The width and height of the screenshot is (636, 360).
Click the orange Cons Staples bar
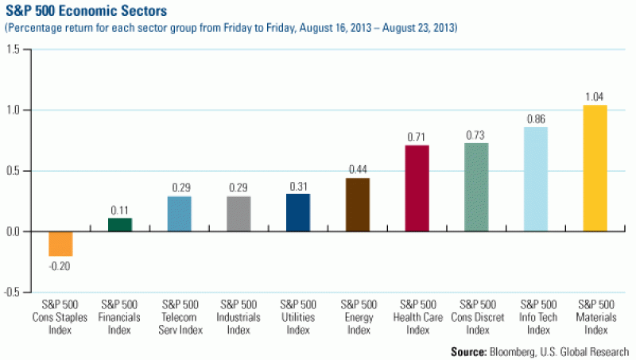(x=60, y=243)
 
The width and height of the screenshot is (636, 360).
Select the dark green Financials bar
(x=120, y=225)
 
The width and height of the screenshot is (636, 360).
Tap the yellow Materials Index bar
(x=595, y=168)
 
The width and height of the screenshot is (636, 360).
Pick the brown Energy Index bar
(x=358, y=204)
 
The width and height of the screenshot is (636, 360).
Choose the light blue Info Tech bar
(x=536, y=179)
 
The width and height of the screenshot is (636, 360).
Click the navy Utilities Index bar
(x=298, y=212)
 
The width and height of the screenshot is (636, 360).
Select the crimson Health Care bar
(x=417, y=188)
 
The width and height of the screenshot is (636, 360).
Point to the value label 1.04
(x=595, y=97)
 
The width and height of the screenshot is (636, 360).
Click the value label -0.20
(x=60, y=265)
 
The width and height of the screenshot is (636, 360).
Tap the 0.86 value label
(x=536, y=119)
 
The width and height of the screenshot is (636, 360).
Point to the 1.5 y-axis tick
(x=14, y=49)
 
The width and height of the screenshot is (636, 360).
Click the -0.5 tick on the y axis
(x=13, y=292)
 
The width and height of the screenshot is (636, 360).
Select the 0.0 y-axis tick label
(x=14, y=231)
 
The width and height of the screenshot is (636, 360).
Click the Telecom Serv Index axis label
(x=180, y=316)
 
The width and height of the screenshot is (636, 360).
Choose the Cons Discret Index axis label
(x=476, y=316)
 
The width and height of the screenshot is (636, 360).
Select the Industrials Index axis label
(x=238, y=316)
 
